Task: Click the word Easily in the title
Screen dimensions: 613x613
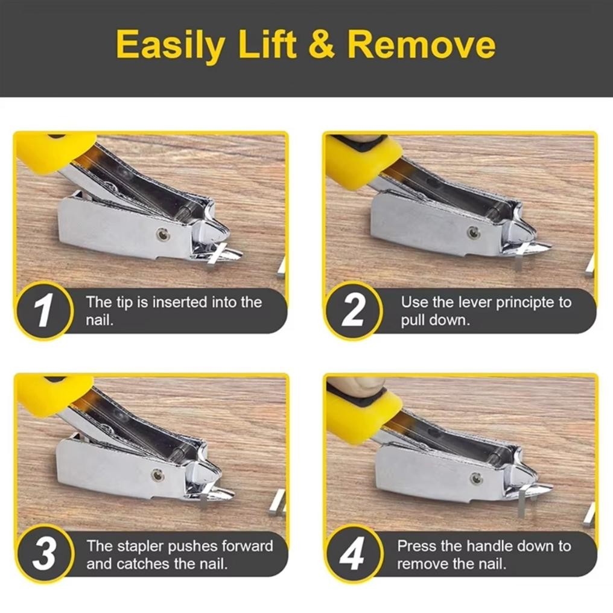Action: [171, 45]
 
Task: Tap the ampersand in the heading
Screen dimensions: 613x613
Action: [322, 43]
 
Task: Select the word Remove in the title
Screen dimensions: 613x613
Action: [421, 43]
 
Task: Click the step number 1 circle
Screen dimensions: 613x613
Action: [44, 310]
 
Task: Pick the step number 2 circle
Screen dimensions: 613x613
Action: [353, 310]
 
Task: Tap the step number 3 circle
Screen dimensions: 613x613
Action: [44, 554]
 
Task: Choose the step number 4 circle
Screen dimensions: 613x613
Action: [353, 554]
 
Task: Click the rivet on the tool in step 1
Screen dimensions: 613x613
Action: [162, 234]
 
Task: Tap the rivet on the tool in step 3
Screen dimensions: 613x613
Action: [157, 475]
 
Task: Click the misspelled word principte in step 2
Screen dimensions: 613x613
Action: [525, 303]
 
